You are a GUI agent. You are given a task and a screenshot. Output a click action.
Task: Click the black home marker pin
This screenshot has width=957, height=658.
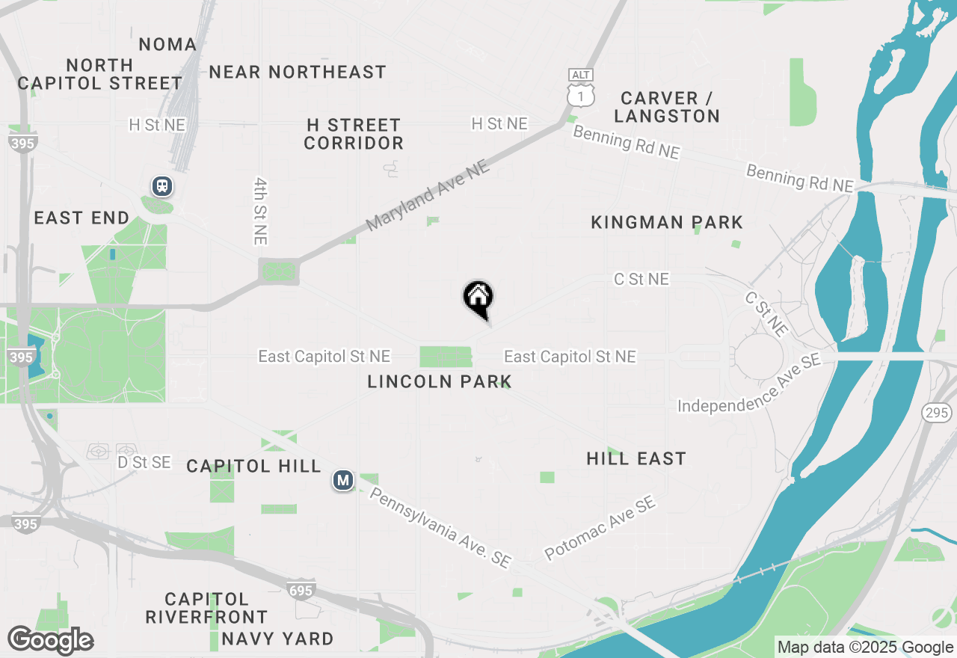(478, 298)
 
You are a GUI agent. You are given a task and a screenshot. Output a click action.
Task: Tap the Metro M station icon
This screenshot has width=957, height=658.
(343, 480)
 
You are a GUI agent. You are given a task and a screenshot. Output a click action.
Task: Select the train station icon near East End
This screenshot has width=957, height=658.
(162, 186)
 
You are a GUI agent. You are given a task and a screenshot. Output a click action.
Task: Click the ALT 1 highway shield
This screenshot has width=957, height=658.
(581, 87)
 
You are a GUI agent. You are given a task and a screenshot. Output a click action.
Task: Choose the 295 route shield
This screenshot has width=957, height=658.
(936, 412)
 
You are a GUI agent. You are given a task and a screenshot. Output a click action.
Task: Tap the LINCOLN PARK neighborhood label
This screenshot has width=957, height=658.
(440, 382)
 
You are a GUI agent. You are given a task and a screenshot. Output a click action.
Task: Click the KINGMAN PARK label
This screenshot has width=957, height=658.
(667, 222)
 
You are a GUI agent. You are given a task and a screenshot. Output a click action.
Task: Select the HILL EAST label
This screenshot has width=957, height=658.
(636, 458)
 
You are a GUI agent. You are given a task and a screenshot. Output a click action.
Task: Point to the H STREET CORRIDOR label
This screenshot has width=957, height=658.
(354, 134)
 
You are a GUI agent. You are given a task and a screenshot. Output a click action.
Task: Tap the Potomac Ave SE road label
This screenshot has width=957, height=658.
(600, 529)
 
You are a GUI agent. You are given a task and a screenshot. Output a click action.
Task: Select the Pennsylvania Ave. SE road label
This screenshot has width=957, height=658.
(440, 528)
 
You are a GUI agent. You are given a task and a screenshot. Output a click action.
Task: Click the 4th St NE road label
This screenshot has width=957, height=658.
(260, 211)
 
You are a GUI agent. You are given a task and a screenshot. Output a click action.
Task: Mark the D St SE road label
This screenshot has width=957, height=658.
(144, 463)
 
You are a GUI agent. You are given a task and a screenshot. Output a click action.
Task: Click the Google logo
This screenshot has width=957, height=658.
(50, 641)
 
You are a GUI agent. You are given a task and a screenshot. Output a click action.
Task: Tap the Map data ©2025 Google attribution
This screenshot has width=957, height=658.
(865, 648)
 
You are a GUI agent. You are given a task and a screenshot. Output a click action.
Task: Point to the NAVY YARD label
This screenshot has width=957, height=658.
(277, 639)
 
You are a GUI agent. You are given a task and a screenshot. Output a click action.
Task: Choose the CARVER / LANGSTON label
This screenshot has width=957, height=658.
(670, 107)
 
